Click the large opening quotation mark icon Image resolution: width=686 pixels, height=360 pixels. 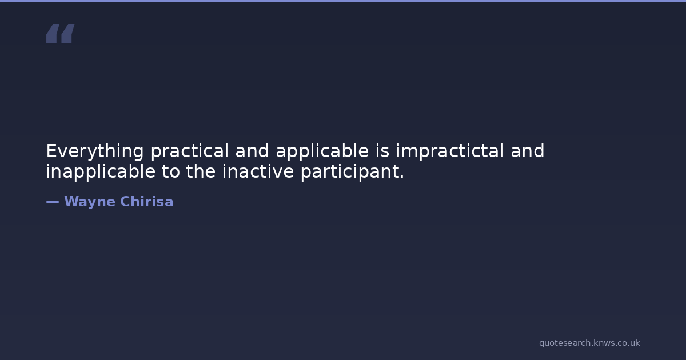61,33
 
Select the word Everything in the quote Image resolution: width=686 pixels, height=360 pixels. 95,151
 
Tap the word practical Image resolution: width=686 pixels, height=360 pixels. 190,151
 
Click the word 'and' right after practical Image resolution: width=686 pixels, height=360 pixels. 252,151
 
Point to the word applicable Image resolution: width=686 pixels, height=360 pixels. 322,151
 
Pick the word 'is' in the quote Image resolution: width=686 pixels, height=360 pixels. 382,151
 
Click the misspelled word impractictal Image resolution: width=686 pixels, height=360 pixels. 450,151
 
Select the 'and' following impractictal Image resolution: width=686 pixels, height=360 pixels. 527,151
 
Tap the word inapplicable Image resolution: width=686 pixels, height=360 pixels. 101,171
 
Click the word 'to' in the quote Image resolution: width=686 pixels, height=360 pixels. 171,172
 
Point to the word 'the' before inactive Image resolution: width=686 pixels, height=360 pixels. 201,171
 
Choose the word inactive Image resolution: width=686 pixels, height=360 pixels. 258,171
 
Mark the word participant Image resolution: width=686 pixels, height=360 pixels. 349,171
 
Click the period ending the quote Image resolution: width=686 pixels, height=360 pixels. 401,177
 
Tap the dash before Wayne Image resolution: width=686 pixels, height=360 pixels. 53,202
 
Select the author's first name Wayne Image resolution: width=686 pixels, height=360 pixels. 90,202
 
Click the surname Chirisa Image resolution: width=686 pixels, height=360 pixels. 147,201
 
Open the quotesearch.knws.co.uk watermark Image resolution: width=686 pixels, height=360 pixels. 589,343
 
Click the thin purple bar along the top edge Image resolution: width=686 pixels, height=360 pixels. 343,1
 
